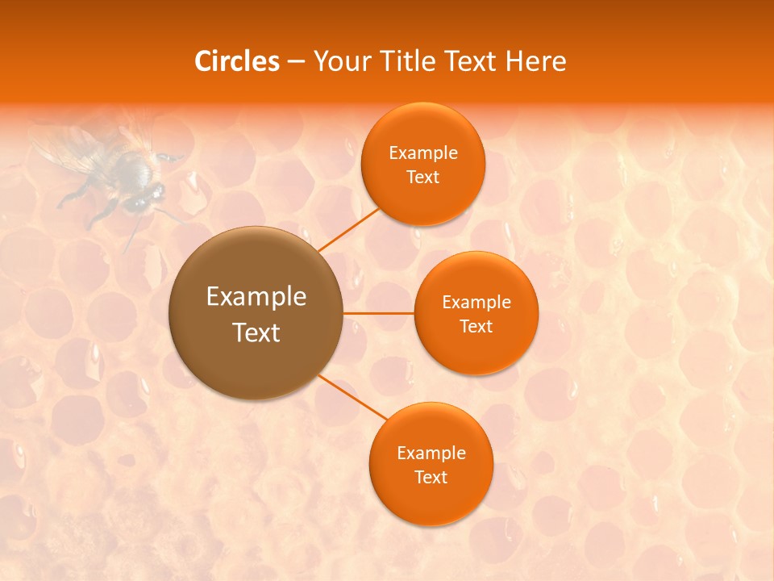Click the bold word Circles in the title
tap(237, 61)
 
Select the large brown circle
tap(256, 313)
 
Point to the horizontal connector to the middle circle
tap(379, 313)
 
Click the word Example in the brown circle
tap(256, 297)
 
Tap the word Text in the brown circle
tap(256, 332)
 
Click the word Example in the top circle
tap(422, 153)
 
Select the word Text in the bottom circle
tap(431, 478)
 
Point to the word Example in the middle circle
tap(476, 303)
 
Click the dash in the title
tap(295, 62)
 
